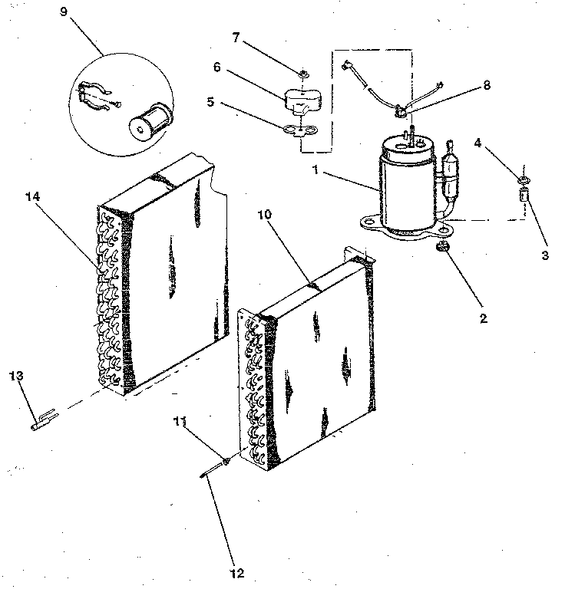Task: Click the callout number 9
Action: (x=64, y=12)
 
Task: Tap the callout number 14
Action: (x=32, y=196)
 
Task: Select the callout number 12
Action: (x=237, y=573)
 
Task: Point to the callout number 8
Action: (x=487, y=85)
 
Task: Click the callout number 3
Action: (x=545, y=255)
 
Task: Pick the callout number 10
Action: (x=264, y=215)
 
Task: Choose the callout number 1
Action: (x=316, y=170)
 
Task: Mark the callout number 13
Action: (x=16, y=376)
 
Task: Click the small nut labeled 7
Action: (x=304, y=74)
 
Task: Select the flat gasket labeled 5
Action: (x=300, y=130)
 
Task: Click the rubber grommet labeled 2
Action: (x=441, y=247)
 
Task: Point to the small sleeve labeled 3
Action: (x=524, y=195)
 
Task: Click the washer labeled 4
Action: (x=524, y=179)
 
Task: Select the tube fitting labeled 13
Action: (x=45, y=420)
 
